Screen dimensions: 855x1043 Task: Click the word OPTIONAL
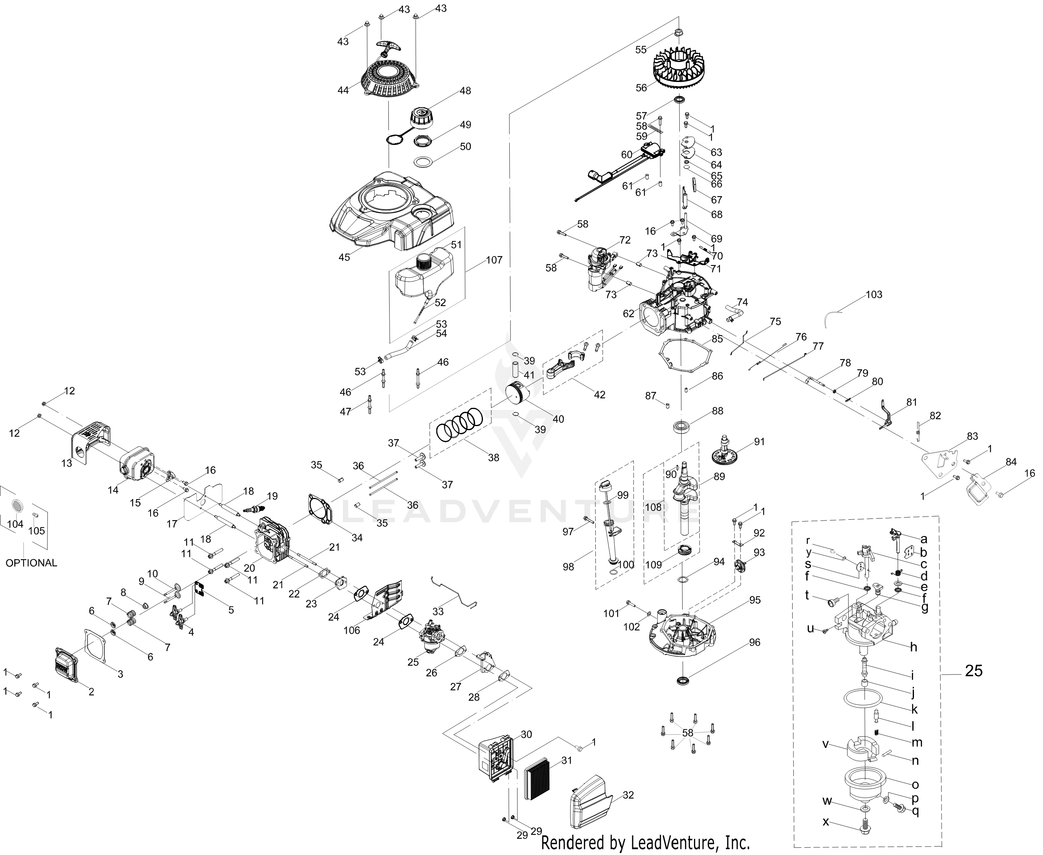pos(31,562)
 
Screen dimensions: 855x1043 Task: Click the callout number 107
pos(494,260)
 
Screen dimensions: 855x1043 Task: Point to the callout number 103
pos(874,294)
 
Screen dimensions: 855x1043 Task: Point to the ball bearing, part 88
pos(682,426)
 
